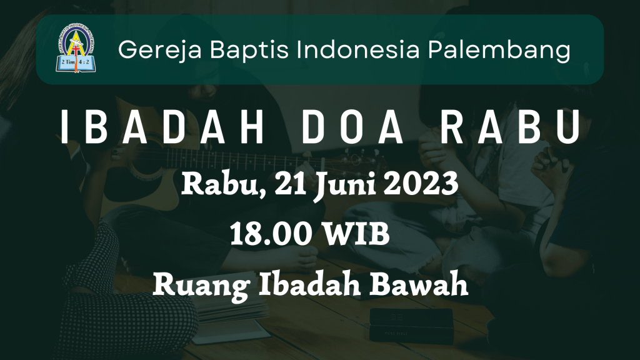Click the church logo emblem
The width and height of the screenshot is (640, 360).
pos(76,48)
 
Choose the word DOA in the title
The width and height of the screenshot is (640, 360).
pos(352,127)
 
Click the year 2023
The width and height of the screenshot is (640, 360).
pos(421,184)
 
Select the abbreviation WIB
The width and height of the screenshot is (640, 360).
pos(356,234)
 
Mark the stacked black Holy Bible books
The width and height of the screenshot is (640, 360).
pos(411,325)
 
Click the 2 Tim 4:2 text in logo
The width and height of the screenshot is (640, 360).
pos(76,62)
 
